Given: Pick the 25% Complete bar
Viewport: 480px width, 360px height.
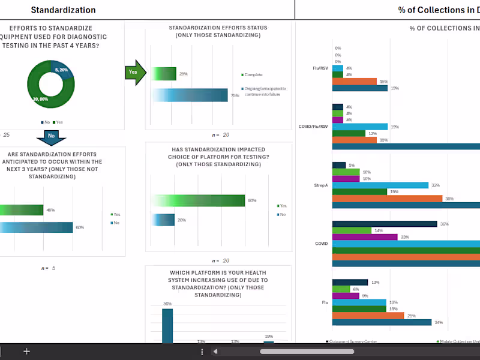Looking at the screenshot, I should coord(164,74).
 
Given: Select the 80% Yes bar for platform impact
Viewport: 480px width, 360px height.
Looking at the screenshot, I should coord(198,200).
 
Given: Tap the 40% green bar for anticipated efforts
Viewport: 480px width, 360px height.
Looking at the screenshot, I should coord(22,210).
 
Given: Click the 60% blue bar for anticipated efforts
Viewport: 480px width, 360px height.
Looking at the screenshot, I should coord(36,227).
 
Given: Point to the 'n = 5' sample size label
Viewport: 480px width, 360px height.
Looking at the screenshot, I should coord(48,268).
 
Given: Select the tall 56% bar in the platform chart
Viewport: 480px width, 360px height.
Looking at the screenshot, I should coord(167,326).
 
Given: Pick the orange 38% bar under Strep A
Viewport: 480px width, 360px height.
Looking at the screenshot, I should coord(387,199).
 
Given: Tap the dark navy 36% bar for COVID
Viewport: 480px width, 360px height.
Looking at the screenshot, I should coord(384,224).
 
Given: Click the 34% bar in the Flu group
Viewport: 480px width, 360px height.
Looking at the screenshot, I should coord(382,322).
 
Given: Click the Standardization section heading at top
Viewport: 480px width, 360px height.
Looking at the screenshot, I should coord(63,10).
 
